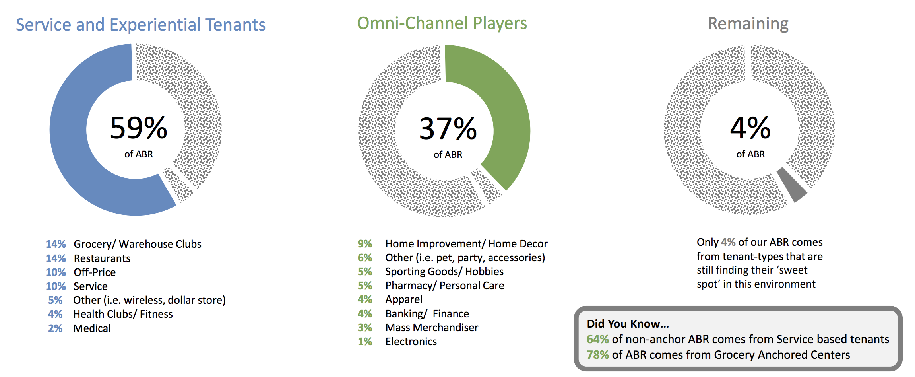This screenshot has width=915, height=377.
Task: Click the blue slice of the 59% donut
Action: pos(68,131)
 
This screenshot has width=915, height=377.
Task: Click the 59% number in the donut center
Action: pos(138,128)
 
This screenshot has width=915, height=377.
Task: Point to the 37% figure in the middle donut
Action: pos(448,128)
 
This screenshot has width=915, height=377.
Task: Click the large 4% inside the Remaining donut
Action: pos(750,128)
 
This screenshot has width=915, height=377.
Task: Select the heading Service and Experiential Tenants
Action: pos(141,25)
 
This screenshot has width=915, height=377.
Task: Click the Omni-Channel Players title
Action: pos(442,23)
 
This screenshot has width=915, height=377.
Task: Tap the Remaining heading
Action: pos(748,24)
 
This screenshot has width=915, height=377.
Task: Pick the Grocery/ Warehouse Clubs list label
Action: pos(138,244)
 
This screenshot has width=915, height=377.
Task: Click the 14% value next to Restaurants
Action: pos(56,258)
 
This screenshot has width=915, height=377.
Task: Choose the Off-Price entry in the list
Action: pos(95,272)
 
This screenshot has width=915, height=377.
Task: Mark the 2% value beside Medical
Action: pos(55,328)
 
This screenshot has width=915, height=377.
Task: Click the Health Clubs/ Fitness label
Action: pos(123,314)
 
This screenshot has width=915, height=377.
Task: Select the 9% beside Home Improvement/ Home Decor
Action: pos(365,244)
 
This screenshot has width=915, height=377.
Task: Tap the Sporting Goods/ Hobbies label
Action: pos(444,272)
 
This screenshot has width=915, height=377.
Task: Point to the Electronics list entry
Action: pos(411,342)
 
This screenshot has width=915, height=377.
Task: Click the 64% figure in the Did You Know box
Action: pos(598,339)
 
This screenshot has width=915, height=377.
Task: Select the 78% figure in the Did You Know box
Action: pos(598,355)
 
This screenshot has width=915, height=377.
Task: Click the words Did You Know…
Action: pos(628,324)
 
